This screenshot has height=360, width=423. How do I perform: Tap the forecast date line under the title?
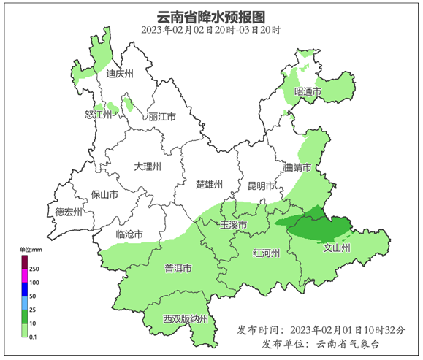(211, 31)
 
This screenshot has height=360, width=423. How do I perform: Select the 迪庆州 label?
(120, 74)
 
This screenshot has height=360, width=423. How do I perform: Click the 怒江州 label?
(99, 115)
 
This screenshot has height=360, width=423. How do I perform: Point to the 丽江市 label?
(162, 117)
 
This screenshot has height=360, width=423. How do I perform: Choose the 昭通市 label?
(308, 91)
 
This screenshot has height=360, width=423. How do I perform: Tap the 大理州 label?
(148, 166)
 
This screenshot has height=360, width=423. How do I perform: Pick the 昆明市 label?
(261, 185)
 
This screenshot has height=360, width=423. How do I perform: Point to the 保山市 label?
(104, 195)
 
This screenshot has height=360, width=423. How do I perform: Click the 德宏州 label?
(69, 212)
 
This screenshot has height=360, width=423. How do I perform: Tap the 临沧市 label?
(130, 234)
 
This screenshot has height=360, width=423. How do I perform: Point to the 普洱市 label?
(177, 269)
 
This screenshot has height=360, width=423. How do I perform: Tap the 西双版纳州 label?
(186, 319)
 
